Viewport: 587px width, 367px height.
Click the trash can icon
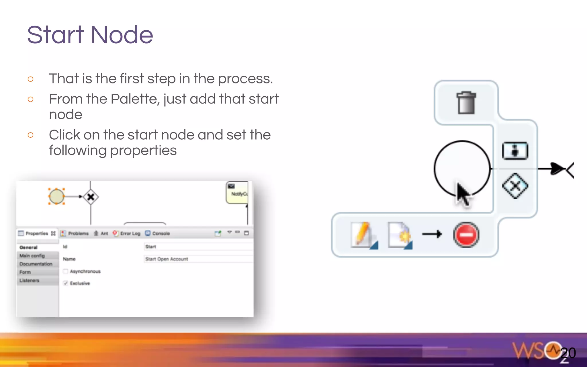tap(466, 103)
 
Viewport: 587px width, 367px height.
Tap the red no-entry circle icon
tap(466, 235)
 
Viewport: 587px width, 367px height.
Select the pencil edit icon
tap(363, 235)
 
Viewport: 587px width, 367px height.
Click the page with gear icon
tap(400, 235)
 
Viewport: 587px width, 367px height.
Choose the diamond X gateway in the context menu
tap(515, 186)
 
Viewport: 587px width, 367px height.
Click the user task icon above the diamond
tap(515, 151)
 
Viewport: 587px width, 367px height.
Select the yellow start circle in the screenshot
tap(56, 196)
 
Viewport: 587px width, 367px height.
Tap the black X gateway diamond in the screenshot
tap(91, 197)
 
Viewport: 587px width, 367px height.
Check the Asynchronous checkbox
tap(66, 271)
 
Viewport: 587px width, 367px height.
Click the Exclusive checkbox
tap(66, 283)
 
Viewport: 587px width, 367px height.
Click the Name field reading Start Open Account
tap(198, 259)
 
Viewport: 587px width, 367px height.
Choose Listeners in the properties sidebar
tap(29, 280)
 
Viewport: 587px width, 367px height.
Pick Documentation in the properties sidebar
tap(36, 264)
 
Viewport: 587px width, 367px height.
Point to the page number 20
tap(568, 353)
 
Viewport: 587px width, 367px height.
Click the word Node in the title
tap(122, 35)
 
